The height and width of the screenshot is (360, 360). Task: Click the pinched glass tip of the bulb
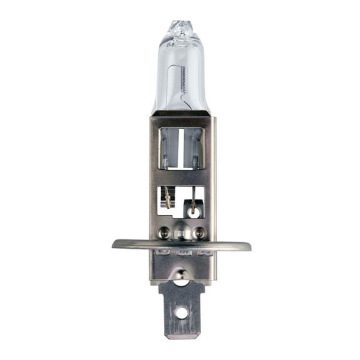(x=179, y=29)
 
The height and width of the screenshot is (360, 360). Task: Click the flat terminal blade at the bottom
(x=180, y=310)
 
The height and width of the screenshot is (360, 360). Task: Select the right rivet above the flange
(x=199, y=234)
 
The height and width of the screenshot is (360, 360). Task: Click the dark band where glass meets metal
(x=180, y=113)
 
